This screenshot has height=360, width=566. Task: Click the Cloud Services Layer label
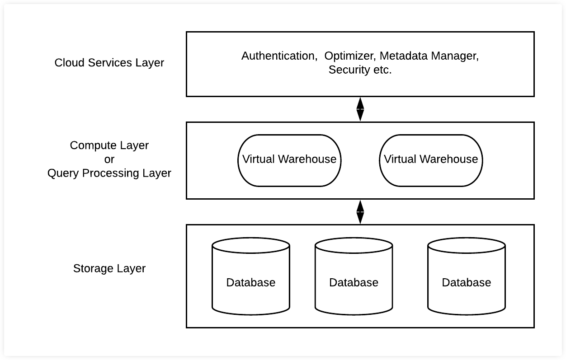pos(109,63)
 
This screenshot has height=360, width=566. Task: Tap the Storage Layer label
pos(109,269)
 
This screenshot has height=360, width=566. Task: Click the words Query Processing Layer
pos(109,173)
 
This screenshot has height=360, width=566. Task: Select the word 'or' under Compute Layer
pos(109,159)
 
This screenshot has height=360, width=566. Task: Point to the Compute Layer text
pos(109,145)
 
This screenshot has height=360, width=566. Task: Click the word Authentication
pos(278,56)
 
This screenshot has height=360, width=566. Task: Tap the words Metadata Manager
pos(429,56)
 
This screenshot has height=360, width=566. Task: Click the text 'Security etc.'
pos(360,70)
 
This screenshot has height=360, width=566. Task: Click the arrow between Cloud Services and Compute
pos(360,109)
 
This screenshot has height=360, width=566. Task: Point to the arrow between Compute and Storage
pos(360,212)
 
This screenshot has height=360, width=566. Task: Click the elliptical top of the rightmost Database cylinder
pos(466,245)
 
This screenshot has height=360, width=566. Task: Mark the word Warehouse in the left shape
pos(307,159)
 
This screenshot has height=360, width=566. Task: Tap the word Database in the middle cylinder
pos(354,283)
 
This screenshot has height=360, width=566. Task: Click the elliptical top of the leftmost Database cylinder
pos(250,245)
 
